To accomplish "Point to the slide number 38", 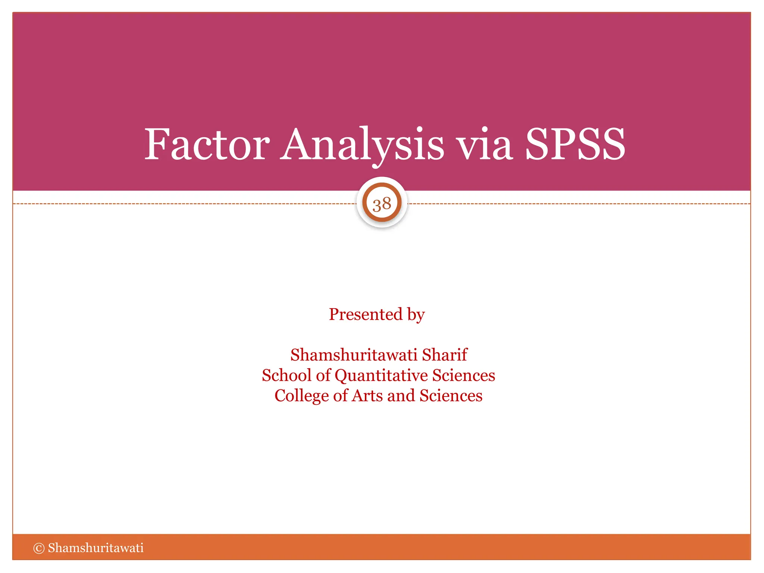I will (382, 204).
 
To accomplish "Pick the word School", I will (286, 375).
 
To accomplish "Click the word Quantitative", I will (381, 375).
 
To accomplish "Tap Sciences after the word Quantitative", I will (464, 375).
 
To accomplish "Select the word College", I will (301, 396).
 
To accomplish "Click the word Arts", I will (367, 396).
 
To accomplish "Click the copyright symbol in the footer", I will (39, 548).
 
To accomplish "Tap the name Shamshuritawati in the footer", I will (95, 548).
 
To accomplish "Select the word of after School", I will (323, 375).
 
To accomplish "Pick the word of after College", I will (340, 396).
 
